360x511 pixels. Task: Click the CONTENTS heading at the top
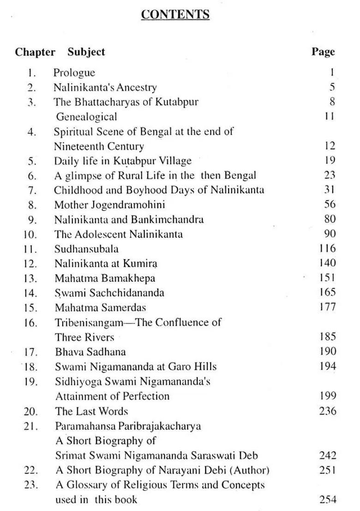click(175, 15)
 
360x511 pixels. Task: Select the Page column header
click(323, 52)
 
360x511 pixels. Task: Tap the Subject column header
click(86, 52)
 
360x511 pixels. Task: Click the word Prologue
click(74, 72)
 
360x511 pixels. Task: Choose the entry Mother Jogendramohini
click(109, 204)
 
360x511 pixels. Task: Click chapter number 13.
click(30, 278)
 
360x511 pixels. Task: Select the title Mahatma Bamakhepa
click(105, 278)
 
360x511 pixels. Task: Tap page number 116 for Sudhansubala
click(327, 249)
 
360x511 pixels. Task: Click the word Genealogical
click(86, 117)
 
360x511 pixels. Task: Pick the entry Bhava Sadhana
click(90, 351)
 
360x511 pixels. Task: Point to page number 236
click(327, 411)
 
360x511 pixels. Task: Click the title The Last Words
click(91, 411)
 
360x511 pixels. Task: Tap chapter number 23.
click(30, 485)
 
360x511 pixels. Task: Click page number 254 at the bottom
click(327, 499)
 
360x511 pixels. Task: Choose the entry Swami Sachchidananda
click(109, 292)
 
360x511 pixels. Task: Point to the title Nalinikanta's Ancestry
click(105, 87)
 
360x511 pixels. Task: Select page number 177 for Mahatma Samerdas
click(327, 307)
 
